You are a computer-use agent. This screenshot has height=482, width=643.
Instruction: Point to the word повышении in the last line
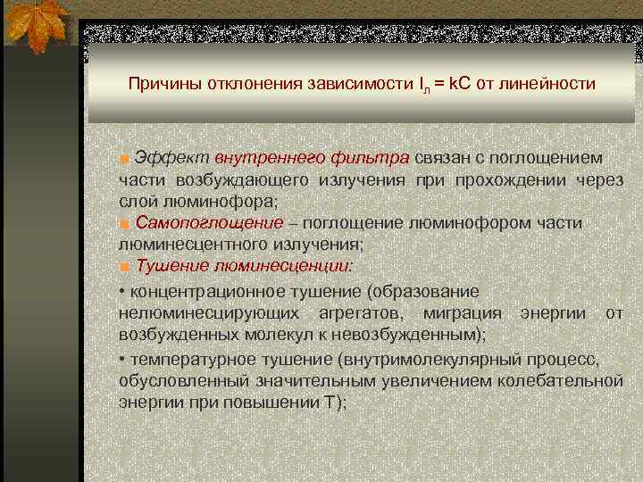point(267,402)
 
